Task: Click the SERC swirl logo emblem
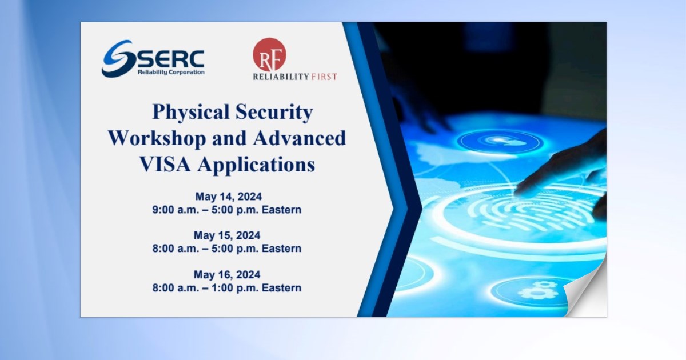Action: point(118,58)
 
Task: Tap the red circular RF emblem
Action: point(269,54)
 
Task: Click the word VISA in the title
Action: point(166,165)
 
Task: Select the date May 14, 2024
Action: point(227,197)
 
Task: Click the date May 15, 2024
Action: point(227,235)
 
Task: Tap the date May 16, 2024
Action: point(227,274)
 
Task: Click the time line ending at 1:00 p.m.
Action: point(227,288)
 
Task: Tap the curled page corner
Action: point(586,297)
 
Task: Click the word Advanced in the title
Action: point(302,138)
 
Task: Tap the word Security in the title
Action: point(273,112)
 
